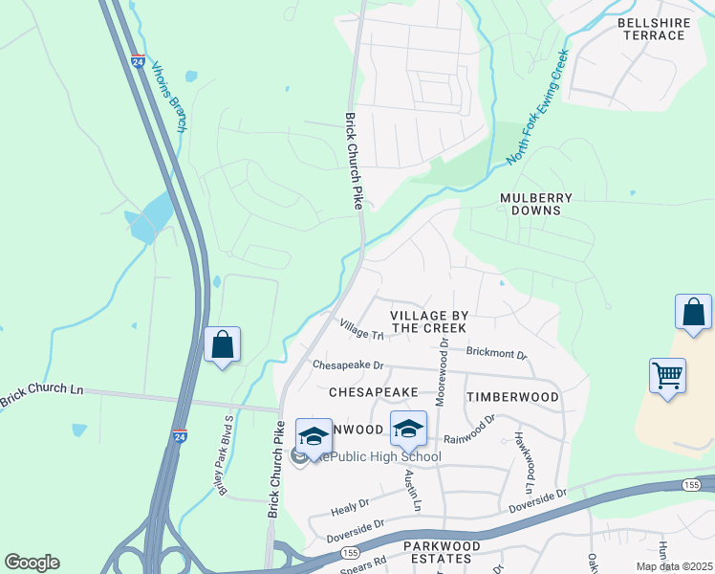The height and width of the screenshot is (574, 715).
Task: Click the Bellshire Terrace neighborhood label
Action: [x=651, y=29]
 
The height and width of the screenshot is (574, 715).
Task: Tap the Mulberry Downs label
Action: [x=536, y=204]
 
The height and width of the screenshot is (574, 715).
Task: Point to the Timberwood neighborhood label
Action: [x=512, y=396]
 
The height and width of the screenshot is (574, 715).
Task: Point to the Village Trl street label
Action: [x=361, y=329]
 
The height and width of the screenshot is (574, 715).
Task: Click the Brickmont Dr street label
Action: [x=497, y=352]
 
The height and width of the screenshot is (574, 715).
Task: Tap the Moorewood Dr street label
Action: [x=442, y=371]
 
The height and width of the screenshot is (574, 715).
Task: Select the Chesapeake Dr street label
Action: [x=348, y=365]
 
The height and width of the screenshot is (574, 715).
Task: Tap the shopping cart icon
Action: [x=668, y=374]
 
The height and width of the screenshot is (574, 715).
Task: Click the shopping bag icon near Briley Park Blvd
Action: [x=222, y=344]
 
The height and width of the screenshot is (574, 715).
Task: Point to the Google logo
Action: [x=32, y=563]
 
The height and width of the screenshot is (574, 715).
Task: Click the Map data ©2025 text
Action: [x=674, y=566]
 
